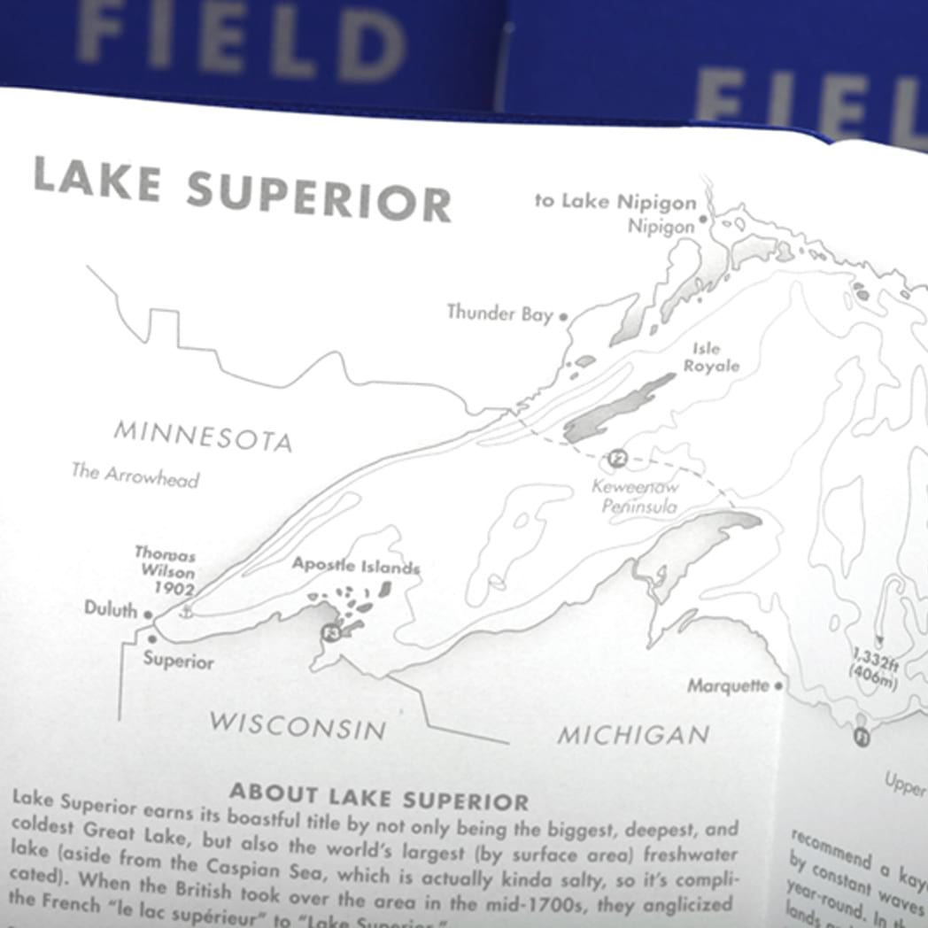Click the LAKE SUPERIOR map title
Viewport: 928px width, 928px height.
click(242, 190)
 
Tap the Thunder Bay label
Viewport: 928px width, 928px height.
click(499, 313)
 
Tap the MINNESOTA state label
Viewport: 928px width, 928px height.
click(203, 436)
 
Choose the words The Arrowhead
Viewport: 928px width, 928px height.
click(135, 475)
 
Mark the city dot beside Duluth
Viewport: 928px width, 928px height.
click(148, 614)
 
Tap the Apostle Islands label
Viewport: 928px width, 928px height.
click(356, 566)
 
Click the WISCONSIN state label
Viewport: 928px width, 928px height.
click(298, 725)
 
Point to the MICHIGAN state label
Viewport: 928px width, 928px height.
click(633, 734)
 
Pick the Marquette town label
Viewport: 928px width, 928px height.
click(730, 686)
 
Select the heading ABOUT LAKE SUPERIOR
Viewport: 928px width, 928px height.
click(378, 797)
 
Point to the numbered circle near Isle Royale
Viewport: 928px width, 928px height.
click(618, 458)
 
